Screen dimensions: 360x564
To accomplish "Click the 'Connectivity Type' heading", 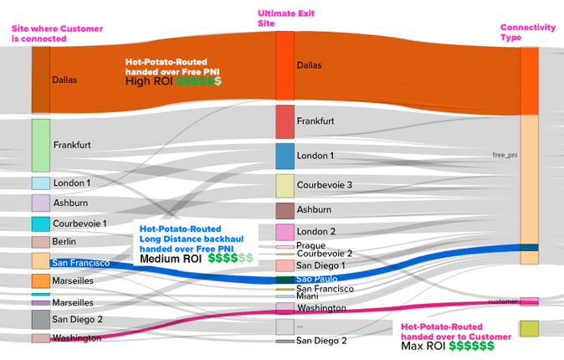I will point(527,33).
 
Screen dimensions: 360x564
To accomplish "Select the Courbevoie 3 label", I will point(325,185).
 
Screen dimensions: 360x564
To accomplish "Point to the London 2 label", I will point(316,231).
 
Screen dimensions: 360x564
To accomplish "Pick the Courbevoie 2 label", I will point(325,254).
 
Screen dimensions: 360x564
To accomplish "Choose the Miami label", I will point(307,296).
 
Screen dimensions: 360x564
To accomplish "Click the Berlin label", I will point(64,241).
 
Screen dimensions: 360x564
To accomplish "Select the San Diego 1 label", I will point(320,265).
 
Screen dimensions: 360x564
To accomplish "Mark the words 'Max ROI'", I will point(423,345).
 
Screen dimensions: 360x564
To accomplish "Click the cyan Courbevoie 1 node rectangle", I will point(41,224).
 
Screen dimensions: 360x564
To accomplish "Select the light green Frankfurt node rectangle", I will point(41,145).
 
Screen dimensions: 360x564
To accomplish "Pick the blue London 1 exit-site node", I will point(285,156).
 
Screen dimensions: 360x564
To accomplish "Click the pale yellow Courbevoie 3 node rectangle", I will point(285,185).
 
